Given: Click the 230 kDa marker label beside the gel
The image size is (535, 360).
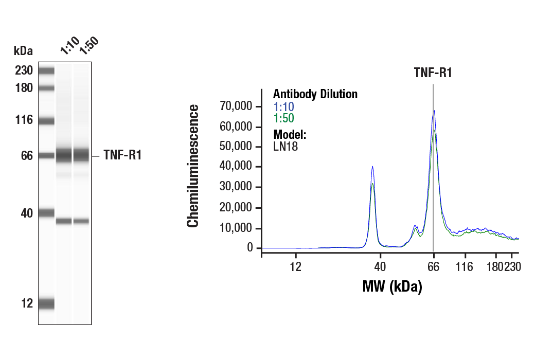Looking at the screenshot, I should point(24,70).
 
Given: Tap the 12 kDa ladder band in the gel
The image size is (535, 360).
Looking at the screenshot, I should point(46,303).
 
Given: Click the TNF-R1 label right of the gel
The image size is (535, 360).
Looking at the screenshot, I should point(122,155).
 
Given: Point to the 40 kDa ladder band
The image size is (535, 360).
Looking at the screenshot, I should point(46,212).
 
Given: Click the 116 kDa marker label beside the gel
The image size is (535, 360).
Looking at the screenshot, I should point(24,120).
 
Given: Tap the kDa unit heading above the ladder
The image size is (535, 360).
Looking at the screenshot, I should point(23,51).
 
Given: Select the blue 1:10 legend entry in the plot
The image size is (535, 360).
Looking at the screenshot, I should point(283,106).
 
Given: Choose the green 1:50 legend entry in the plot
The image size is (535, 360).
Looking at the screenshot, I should point(283,118).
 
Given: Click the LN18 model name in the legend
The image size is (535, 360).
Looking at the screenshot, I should point(286,147).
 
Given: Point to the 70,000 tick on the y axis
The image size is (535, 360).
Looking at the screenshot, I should point(236,106).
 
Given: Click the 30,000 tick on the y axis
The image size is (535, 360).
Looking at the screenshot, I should point(236,188).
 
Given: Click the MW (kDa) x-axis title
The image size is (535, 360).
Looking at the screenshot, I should point(392,286).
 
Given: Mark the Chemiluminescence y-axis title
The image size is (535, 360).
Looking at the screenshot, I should point(193,166).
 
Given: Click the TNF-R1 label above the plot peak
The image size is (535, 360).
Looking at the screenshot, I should point(433,73).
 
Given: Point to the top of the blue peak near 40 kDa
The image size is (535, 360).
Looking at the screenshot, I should point(372,167).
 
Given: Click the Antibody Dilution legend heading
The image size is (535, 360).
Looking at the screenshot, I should point(315,94).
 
